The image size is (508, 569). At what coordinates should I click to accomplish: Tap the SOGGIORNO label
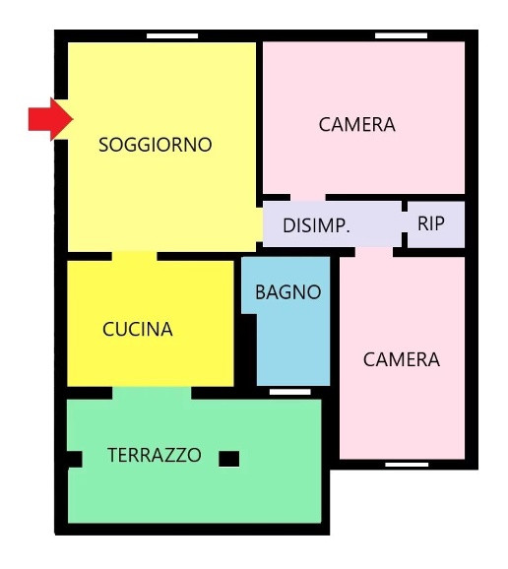pyautogui.click(x=156, y=145)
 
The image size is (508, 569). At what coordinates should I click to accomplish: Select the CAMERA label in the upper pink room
pyautogui.click(x=356, y=125)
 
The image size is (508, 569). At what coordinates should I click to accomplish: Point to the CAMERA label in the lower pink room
pyautogui.click(x=402, y=359)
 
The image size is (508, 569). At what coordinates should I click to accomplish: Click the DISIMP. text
pyautogui.click(x=316, y=225)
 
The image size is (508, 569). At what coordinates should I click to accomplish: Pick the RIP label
pyautogui.click(x=431, y=223)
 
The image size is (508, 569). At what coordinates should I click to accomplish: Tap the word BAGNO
pyautogui.click(x=287, y=292)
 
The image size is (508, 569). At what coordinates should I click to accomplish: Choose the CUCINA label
pyautogui.click(x=138, y=330)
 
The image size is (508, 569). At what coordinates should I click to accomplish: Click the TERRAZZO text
pyautogui.click(x=155, y=456)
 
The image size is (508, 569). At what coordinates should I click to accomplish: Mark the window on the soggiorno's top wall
pyautogui.click(x=172, y=36)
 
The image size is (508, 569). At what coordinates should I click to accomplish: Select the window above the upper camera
pyautogui.click(x=402, y=36)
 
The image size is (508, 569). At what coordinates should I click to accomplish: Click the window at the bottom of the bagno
pyautogui.click(x=289, y=392)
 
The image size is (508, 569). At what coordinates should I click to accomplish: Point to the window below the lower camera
pyautogui.click(x=407, y=464)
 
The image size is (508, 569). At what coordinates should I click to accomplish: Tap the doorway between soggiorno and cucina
pyautogui.click(x=134, y=256)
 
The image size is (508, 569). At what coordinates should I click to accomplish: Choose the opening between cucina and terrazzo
pyautogui.click(x=152, y=392)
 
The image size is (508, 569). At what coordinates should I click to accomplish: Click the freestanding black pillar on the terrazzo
pyautogui.click(x=228, y=458)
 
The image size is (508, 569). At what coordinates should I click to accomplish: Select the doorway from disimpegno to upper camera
pyautogui.click(x=308, y=198)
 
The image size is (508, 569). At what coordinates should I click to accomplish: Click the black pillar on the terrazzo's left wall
pyautogui.click(x=73, y=458)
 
